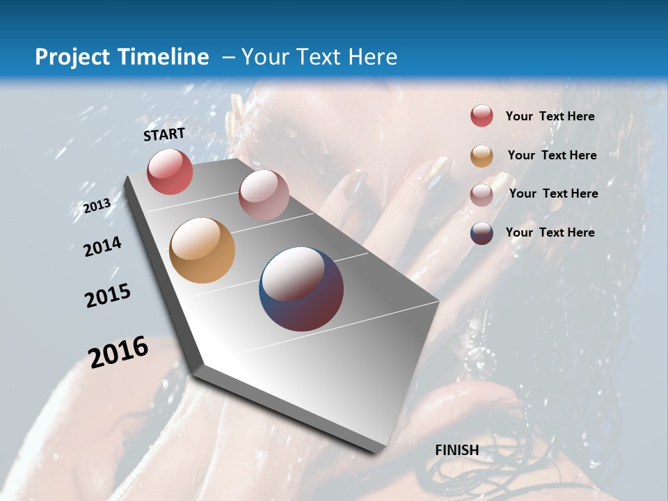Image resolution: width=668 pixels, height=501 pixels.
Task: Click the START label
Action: [x=164, y=134]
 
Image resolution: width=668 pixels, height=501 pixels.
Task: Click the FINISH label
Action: [x=457, y=450]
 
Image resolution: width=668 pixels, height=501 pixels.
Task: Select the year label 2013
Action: [x=97, y=205]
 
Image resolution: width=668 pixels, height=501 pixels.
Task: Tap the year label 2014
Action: [x=102, y=247]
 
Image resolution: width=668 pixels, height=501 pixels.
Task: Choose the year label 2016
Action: [x=118, y=352]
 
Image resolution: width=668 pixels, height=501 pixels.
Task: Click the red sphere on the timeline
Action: [x=170, y=171]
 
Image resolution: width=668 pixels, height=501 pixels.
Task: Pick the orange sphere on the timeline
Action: [x=202, y=250]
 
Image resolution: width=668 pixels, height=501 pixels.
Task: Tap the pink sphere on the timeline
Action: [x=264, y=194]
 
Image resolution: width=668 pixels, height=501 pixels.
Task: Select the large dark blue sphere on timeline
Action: [x=301, y=289]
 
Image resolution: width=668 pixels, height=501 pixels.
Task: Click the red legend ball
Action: [x=482, y=116]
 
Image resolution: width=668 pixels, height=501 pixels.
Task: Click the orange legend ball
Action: [x=482, y=156]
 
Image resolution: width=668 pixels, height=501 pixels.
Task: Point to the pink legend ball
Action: [x=482, y=194]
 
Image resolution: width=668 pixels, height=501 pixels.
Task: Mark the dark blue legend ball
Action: [x=482, y=233]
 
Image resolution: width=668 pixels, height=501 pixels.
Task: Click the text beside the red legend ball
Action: [x=550, y=116]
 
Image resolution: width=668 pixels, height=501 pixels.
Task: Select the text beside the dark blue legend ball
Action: [x=550, y=232]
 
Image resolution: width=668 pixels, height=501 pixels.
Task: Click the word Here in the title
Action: [x=372, y=57]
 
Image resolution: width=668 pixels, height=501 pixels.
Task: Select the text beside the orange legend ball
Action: [x=552, y=155]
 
